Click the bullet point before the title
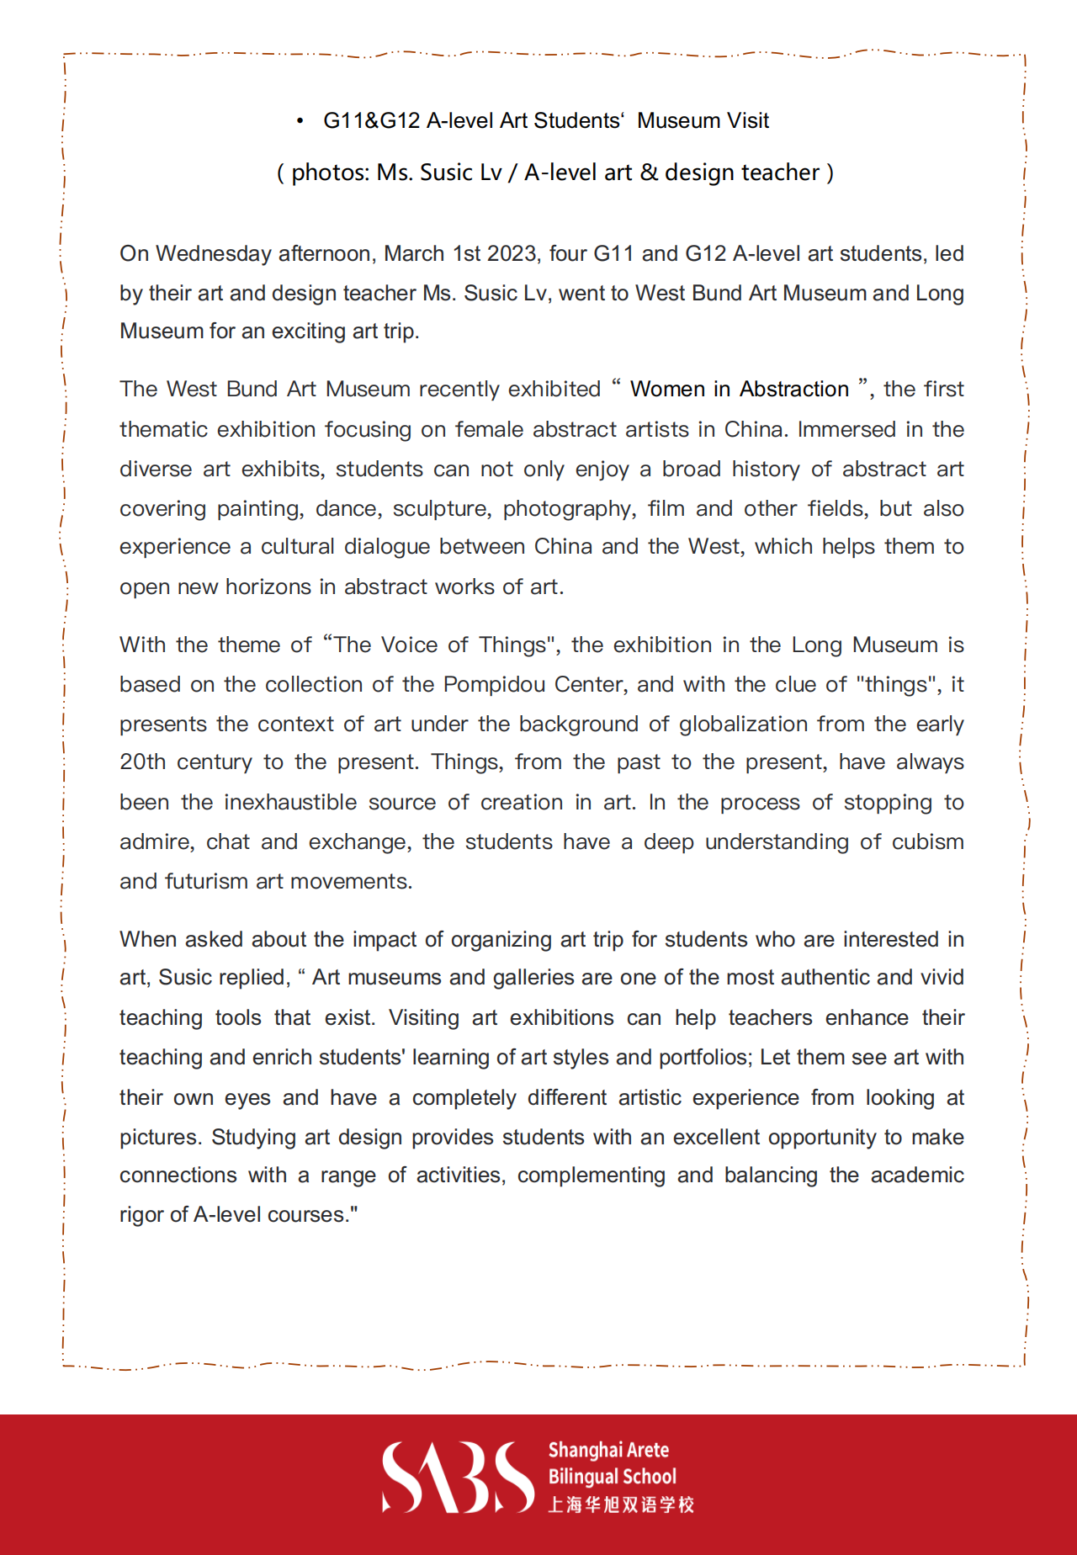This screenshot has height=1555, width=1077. [300, 121]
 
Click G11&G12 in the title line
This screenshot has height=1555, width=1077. [371, 121]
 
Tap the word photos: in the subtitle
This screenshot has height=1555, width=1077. [330, 172]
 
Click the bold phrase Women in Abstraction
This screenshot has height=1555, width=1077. [740, 390]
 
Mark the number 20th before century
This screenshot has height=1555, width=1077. [142, 762]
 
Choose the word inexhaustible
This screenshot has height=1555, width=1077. [290, 803]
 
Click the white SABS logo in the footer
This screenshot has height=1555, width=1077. [458, 1478]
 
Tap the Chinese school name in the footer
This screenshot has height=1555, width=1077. [621, 1505]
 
